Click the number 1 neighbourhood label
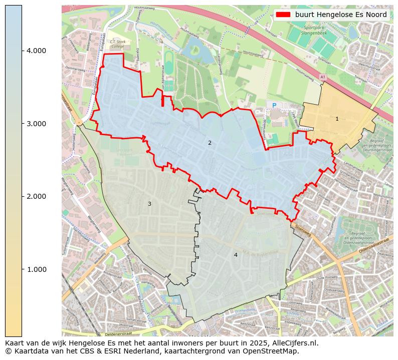[x=337, y=119]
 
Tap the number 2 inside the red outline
[x=210, y=143]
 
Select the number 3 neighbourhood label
[x=149, y=204]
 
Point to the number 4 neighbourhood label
[x=236, y=255]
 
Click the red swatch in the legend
[x=283, y=15]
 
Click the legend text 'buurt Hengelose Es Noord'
[x=341, y=15]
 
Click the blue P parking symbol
[x=274, y=105]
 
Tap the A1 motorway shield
[x=322, y=77]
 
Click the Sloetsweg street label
[x=303, y=229]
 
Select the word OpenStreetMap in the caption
[x=273, y=351]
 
